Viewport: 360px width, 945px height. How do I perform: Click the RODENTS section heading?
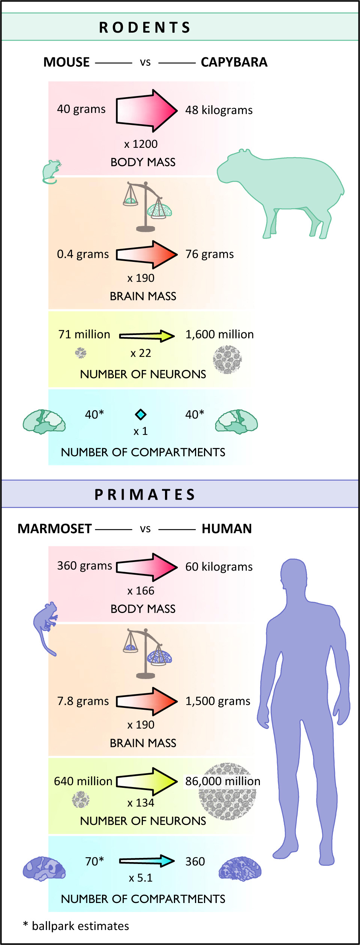pyautogui.click(x=145, y=27)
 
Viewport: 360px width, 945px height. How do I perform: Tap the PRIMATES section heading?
pyautogui.click(x=145, y=494)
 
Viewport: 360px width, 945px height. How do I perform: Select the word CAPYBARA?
pyautogui.click(x=234, y=62)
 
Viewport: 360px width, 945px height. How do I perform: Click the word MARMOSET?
pyautogui.click(x=55, y=529)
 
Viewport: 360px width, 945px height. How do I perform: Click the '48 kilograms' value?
pyautogui.click(x=219, y=110)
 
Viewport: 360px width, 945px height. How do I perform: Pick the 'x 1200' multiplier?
pyautogui.click(x=141, y=144)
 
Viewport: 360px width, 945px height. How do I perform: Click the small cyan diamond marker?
pyautogui.click(x=141, y=414)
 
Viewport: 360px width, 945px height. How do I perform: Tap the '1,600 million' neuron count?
pyautogui.click(x=219, y=334)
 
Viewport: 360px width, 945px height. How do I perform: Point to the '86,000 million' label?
pyautogui.click(x=223, y=781)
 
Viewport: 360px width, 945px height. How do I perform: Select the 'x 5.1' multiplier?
pyautogui.click(x=141, y=878)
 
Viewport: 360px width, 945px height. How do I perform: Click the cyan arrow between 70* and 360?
pyautogui.click(x=147, y=861)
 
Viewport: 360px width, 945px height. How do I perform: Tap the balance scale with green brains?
pyautogui.click(x=147, y=207)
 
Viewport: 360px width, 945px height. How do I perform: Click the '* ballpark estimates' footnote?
pyautogui.click(x=76, y=926)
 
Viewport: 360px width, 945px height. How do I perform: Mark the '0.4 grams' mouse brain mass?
pyautogui.click(x=83, y=254)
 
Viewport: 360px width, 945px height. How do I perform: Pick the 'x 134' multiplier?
pyautogui.click(x=141, y=803)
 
